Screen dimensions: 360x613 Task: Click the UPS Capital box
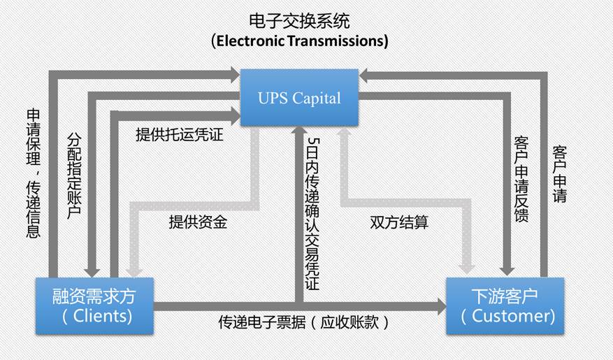click(x=299, y=97)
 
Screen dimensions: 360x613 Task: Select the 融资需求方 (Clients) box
click(x=94, y=305)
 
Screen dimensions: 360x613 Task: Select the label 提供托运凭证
click(x=180, y=135)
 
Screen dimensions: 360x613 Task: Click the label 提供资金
click(x=198, y=222)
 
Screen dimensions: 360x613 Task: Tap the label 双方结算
click(x=399, y=222)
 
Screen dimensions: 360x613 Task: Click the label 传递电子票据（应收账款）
click(x=303, y=323)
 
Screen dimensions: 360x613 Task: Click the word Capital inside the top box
click(x=319, y=98)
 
